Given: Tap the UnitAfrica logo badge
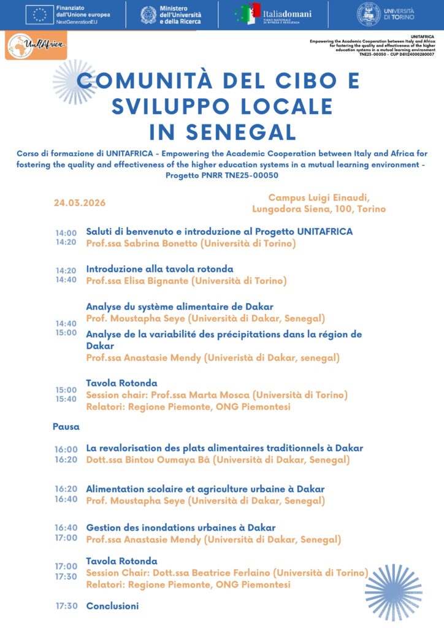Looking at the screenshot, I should pos(36,45).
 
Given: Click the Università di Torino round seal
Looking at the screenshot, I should pos(369,14).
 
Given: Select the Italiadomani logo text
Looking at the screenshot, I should pos(288,13).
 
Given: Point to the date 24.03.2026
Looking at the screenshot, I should pos(80,203).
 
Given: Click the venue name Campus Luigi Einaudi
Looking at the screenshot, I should pos(319,197).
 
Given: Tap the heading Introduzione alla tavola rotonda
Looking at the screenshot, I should pos(159,269).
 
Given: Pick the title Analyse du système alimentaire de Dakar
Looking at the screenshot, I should pos(180,306).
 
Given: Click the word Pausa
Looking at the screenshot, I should pos(66,426).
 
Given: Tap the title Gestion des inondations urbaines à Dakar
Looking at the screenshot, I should pos(181,527).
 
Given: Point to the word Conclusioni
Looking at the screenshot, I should pos(112,606).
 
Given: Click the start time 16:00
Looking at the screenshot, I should pos(66,450).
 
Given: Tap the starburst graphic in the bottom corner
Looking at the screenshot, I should pos(393,592).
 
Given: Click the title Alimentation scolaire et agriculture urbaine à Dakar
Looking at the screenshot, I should pos(205,489).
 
